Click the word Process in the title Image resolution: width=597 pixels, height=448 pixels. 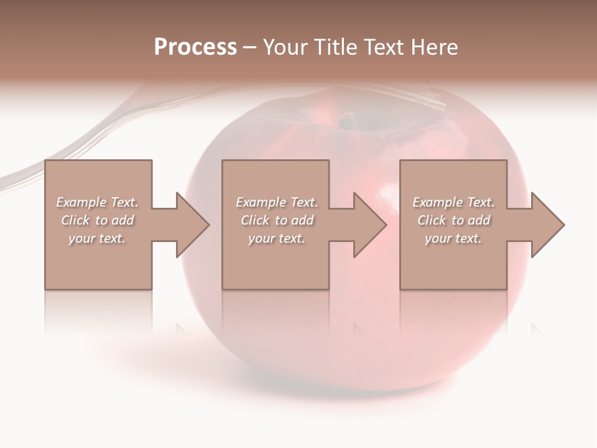[x=195, y=47]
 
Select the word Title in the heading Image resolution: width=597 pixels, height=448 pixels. [x=335, y=47]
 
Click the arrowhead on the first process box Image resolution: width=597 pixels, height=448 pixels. [x=192, y=225]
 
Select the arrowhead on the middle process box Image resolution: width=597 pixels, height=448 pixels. [x=369, y=225]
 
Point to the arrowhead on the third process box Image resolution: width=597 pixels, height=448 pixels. [x=547, y=225]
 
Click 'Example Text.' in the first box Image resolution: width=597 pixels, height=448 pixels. [x=97, y=202]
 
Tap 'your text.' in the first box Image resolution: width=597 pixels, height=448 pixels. [x=97, y=238]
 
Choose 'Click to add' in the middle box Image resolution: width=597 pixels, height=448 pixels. [x=277, y=220]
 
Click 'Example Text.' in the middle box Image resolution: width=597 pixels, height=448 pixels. [x=277, y=202]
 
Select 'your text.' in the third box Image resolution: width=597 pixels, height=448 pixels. [x=453, y=238]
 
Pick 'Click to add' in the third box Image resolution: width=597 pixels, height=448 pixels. [x=453, y=220]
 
